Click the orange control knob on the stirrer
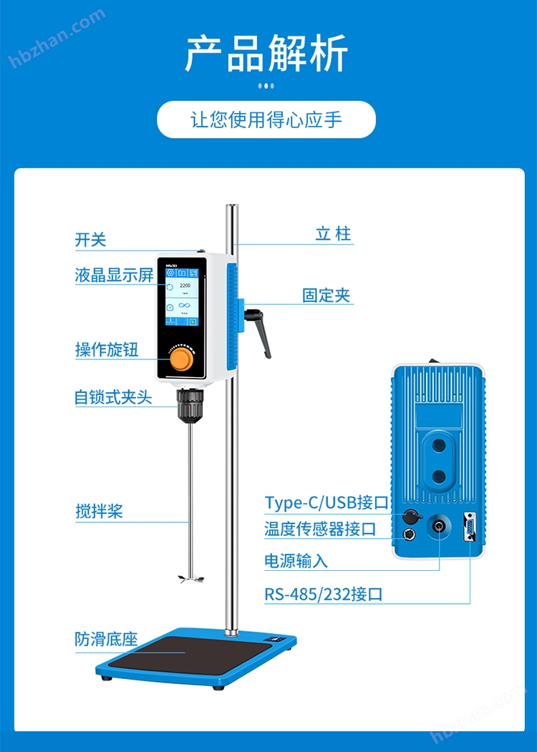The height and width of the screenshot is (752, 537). click(x=183, y=359)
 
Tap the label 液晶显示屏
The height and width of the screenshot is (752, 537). click(x=115, y=275)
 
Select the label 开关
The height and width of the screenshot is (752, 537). click(x=90, y=240)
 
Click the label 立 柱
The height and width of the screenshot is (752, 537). click(x=334, y=234)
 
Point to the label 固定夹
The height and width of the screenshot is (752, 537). click(x=326, y=295)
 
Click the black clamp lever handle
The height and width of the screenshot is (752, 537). click(x=258, y=331)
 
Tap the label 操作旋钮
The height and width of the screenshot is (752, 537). click(x=107, y=349)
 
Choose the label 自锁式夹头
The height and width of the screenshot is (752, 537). click(x=113, y=397)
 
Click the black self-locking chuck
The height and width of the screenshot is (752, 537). click(x=190, y=405)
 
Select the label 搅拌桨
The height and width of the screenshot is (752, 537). click(x=99, y=511)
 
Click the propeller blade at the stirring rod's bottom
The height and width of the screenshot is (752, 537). click(x=190, y=578)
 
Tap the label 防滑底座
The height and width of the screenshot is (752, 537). click(x=106, y=639)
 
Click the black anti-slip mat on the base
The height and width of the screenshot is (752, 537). click(x=190, y=654)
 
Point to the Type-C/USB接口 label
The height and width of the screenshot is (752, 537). click(x=326, y=502)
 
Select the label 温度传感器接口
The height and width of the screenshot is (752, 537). click(x=320, y=529)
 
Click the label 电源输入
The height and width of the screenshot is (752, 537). click(x=296, y=561)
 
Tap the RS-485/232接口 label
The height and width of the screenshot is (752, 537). click(x=324, y=594)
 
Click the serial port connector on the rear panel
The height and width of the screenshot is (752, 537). click(x=469, y=527)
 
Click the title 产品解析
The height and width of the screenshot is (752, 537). click(x=267, y=53)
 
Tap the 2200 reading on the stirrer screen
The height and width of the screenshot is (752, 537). click(x=185, y=285)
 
